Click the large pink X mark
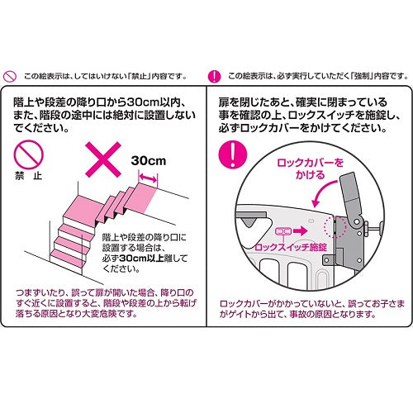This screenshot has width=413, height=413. (103, 159)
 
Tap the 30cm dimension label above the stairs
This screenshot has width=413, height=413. (149, 161)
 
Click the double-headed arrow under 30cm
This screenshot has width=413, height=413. (148, 178)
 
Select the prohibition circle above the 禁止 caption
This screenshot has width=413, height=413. (28, 154)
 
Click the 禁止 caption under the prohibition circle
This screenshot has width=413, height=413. (28, 176)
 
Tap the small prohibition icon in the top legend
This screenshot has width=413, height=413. (10, 76)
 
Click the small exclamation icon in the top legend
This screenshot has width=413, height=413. (215, 76)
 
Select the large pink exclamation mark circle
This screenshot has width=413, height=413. (233, 154)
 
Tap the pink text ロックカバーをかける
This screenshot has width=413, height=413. (311, 169)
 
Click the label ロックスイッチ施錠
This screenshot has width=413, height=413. (291, 247)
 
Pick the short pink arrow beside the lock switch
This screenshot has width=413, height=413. (300, 230)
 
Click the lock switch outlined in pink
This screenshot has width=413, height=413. (283, 231)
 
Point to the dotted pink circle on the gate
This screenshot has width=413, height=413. (334, 226)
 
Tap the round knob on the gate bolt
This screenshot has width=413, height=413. (381, 228)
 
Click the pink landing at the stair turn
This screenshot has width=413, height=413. (81, 209)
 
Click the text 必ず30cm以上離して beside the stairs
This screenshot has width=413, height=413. (145, 259)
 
